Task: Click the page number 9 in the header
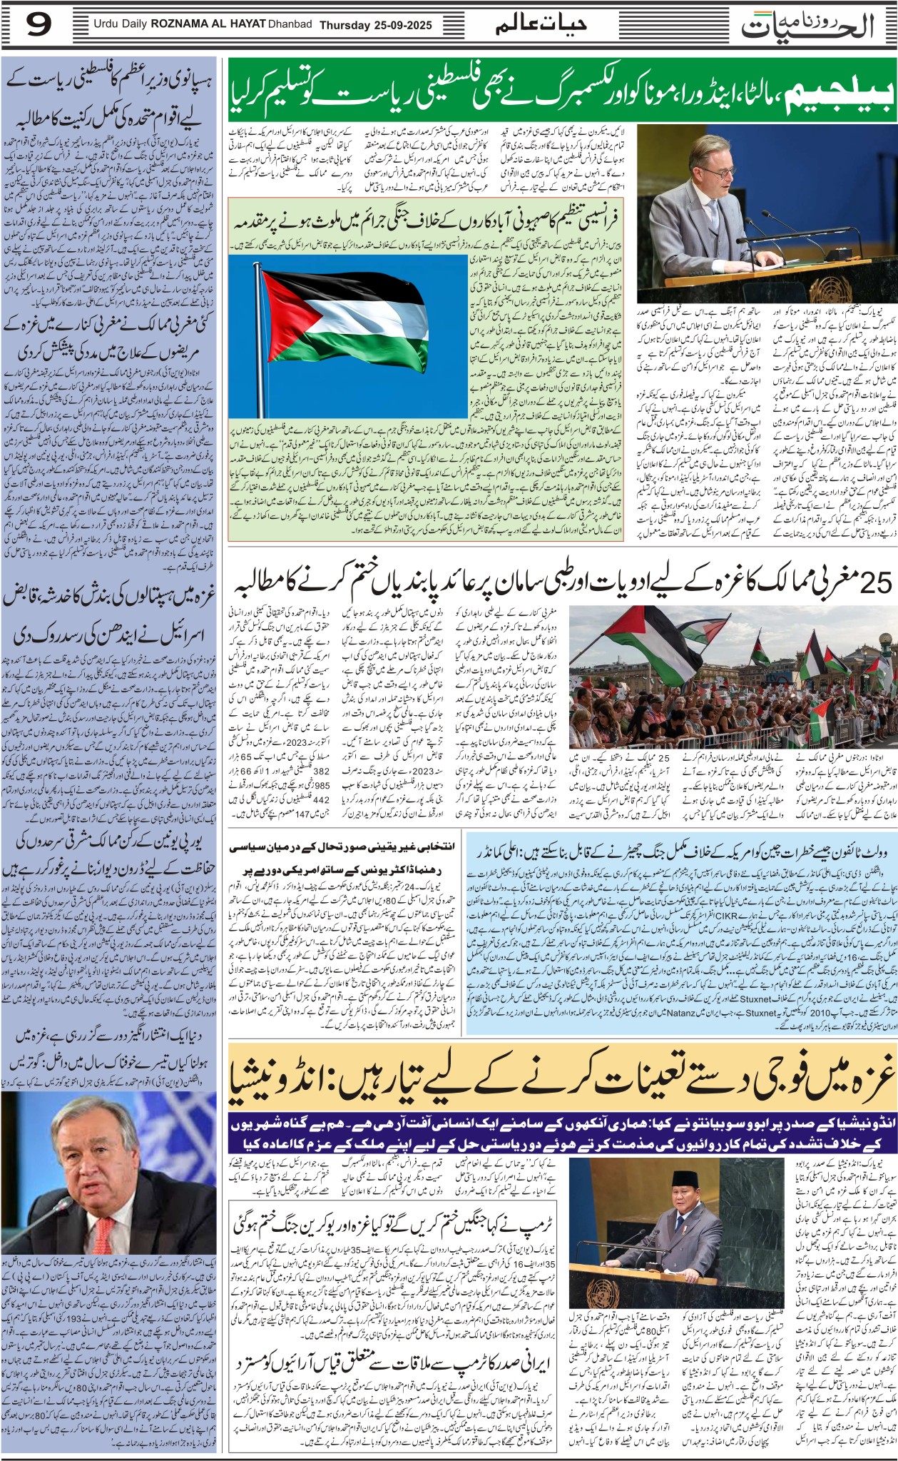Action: (39, 26)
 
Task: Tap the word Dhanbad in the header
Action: (290, 25)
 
